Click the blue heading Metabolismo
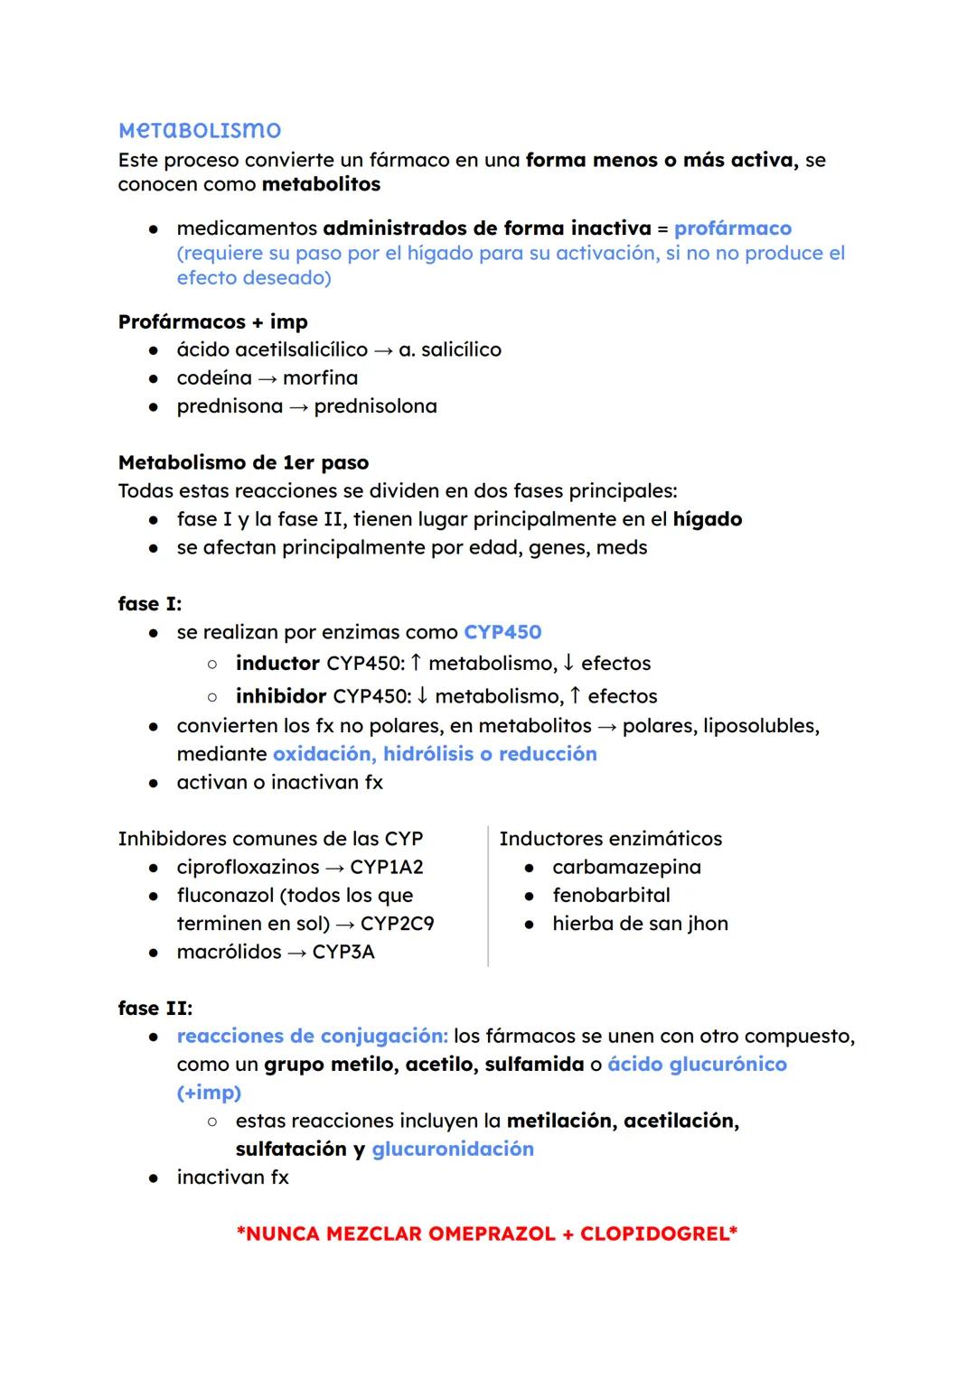[200, 130]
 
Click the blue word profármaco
[732, 228]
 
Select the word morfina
[320, 377]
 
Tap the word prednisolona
[375, 406]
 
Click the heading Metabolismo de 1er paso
[243, 462]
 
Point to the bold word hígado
[707, 519]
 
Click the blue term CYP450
[502, 632]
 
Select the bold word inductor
[277, 663]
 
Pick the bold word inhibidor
[280, 696]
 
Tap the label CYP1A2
[387, 867]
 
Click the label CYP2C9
[397, 924]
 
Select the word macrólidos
[229, 952]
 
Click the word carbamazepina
[626, 867]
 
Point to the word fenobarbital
[611, 895]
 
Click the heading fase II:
[155, 1008]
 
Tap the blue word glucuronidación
[453, 1149]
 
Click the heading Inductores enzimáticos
[610, 838]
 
